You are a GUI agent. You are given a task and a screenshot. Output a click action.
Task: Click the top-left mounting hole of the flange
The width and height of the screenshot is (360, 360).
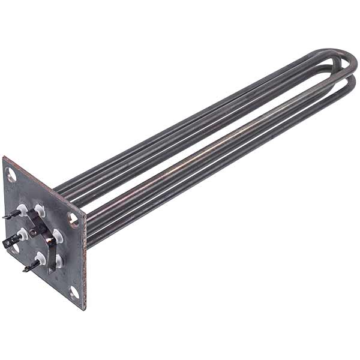[11, 175]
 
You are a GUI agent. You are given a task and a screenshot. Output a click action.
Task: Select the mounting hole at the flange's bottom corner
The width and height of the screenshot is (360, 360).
[74, 292]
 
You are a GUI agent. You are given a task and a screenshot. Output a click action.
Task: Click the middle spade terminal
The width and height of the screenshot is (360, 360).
[10, 242]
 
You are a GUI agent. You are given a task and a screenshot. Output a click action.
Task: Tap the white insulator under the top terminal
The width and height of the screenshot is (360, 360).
[23, 210]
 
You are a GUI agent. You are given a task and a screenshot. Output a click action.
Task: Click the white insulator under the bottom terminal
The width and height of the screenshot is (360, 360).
[40, 258]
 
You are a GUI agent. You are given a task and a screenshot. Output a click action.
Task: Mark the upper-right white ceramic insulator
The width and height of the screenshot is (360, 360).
[40, 209]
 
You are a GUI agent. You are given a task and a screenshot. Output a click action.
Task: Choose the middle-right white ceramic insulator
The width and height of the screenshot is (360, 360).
[58, 234]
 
